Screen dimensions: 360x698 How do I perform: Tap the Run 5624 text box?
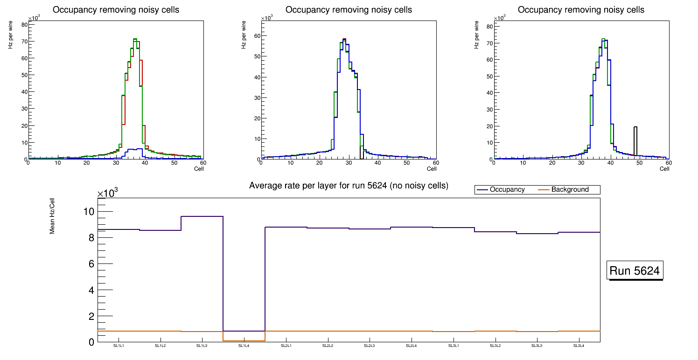635,270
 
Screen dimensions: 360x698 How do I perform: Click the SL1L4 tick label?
244,346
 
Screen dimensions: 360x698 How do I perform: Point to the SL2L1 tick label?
286,346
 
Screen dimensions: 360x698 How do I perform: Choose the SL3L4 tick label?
579,346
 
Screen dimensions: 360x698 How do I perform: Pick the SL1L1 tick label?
119,346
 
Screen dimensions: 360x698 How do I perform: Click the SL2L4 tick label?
411,346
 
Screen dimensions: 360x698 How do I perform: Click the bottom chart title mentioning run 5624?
349,186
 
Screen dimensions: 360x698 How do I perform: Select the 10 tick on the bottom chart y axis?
89,211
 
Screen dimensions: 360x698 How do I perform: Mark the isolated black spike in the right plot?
635,140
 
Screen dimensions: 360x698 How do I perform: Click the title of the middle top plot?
349,10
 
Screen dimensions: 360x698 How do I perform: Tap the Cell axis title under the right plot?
664,169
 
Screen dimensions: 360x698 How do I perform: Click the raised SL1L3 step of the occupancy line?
202,216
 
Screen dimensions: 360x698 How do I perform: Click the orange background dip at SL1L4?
244,341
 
